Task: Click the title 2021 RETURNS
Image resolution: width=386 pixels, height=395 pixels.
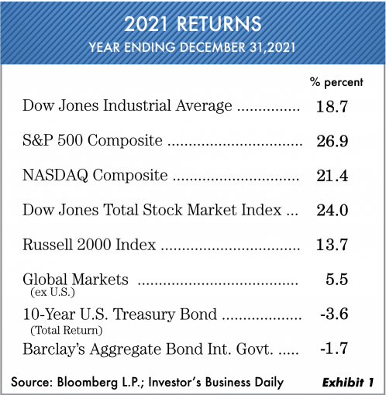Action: (x=193, y=24)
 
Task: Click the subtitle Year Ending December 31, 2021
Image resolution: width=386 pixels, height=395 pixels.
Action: (x=192, y=47)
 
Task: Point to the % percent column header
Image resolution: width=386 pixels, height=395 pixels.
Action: (x=336, y=83)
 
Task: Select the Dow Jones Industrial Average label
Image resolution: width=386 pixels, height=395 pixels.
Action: (x=127, y=106)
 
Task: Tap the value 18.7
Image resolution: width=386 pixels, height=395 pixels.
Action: (x=332, y=106)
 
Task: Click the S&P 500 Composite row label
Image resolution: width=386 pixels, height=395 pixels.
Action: (x=92, y=140)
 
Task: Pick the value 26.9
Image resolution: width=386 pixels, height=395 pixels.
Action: (x=333, y=141)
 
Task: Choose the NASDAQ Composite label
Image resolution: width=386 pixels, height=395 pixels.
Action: (x=95, y=175)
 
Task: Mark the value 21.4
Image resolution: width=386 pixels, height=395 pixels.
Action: (x=333, y=176)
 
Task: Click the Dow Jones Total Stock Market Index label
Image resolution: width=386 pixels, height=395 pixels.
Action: (x=152, y=210)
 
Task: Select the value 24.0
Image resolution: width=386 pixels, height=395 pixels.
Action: (x=333, y=211)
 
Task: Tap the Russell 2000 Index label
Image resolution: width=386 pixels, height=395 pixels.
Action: (x=89, y=245)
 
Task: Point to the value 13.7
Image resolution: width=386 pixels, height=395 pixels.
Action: (x=332, y=245)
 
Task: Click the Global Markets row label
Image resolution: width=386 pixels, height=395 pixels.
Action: (x=75, y=280)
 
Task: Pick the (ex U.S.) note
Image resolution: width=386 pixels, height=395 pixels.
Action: (x=53, y=293)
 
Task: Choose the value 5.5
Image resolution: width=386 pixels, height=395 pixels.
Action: (x=336, y=280)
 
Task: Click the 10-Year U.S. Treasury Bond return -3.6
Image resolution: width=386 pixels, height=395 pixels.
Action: (x=334, y=314)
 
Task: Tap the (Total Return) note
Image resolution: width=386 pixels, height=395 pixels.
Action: (x=67, y=330)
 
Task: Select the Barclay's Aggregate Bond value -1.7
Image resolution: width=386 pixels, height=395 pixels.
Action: (x=334, y=349)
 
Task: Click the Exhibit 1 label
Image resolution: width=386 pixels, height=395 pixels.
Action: (x=348, y=383)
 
